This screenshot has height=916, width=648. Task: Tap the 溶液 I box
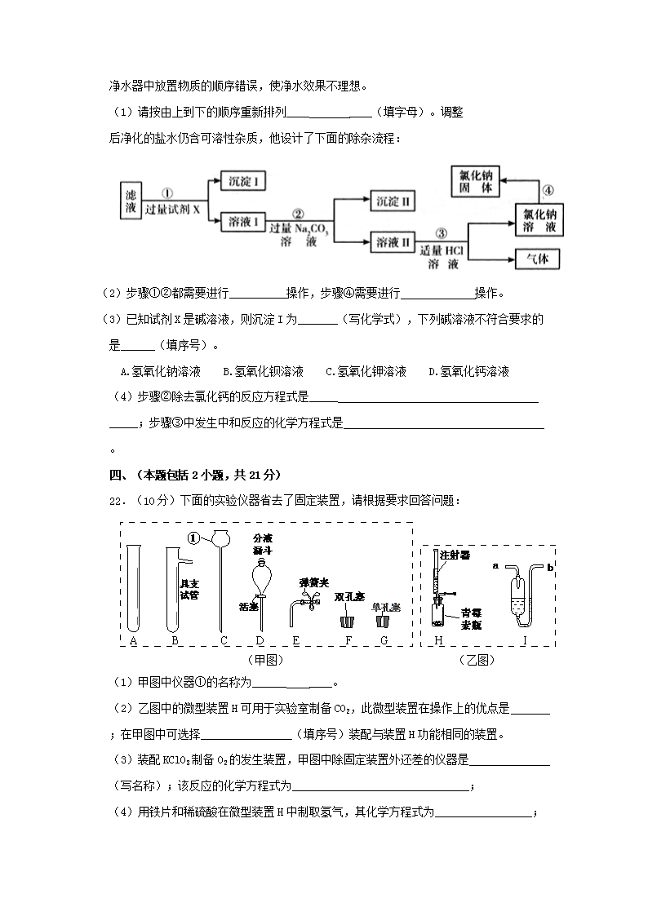coord(244,221)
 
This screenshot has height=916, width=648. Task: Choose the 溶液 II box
coord(393,242)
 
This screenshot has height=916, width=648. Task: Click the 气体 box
coord(538,258)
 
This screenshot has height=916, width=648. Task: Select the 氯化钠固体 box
coord(477,181)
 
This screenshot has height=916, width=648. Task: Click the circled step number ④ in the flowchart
coord(548,191)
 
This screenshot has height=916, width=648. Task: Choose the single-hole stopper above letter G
coord(381,620)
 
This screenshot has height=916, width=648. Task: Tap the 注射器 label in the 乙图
coord(455,555)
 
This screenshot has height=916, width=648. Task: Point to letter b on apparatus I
coord(551,565)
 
